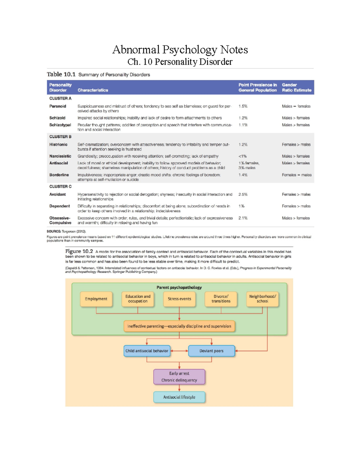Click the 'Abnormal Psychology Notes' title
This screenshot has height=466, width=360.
180,50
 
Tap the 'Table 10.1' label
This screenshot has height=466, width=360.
61,74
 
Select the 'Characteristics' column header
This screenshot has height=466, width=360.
93,90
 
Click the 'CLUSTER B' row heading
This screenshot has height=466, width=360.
60,137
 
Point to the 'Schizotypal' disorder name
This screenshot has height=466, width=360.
60,125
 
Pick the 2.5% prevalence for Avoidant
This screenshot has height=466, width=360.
243,194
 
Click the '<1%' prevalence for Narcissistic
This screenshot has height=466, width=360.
242,156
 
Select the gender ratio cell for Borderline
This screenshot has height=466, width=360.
296,175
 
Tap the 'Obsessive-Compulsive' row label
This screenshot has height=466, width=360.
60,220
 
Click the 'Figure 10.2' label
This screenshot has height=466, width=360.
79,251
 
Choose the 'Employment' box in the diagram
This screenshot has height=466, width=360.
96,299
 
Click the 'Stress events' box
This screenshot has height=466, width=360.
179,299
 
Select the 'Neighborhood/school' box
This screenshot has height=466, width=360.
262,299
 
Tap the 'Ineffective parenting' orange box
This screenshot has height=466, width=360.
179,326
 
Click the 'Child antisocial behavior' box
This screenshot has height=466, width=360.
147,351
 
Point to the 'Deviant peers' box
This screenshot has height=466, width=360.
211,351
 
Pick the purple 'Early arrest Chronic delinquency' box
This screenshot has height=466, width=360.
179,377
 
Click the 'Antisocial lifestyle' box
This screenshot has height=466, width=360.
179,397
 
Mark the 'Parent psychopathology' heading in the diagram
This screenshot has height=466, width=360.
179,287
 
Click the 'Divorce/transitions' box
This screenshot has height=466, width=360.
221,299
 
